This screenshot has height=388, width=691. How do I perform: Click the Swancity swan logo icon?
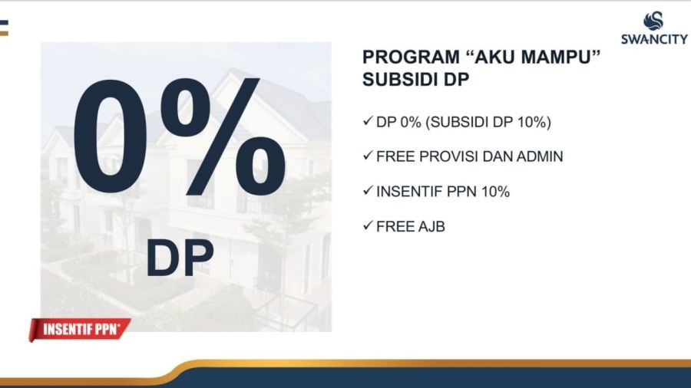pos(653,21)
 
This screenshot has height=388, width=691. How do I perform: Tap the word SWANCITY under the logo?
pos(654,39)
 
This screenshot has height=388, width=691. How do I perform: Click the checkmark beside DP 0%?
pos(368,120)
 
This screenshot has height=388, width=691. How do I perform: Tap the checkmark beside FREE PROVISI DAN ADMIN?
pos(368,156)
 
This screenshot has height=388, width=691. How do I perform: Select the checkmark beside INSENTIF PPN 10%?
pos(368,190)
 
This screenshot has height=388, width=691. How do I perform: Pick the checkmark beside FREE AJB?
pos(368,225)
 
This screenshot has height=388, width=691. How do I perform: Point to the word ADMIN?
pos(540,156)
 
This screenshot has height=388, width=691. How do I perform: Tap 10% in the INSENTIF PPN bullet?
pos(495,192)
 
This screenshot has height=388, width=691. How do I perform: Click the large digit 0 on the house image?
pos(110,136)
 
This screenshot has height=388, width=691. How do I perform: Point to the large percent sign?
pos(223,136)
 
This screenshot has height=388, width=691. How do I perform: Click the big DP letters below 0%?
pos(180,258)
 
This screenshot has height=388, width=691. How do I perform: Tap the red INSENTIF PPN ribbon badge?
pos(80,330)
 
